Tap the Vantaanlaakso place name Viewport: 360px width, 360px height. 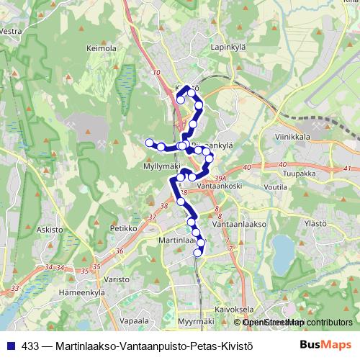pyautogui.click(x=240, y=224)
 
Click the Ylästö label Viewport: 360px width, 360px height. pyautogui.click(x=316, y=224)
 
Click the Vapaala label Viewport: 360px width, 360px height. pyautogui.click(x=134, y=321)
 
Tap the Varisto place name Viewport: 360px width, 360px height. pyautogui.click(x=116, y=279)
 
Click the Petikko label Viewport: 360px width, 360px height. pyautogui.click(x=123, y=228)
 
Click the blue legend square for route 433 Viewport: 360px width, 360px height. pyautogui.click(x=12, y=344)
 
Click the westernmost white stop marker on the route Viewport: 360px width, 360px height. pyautogui.click(x=150, y=143)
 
